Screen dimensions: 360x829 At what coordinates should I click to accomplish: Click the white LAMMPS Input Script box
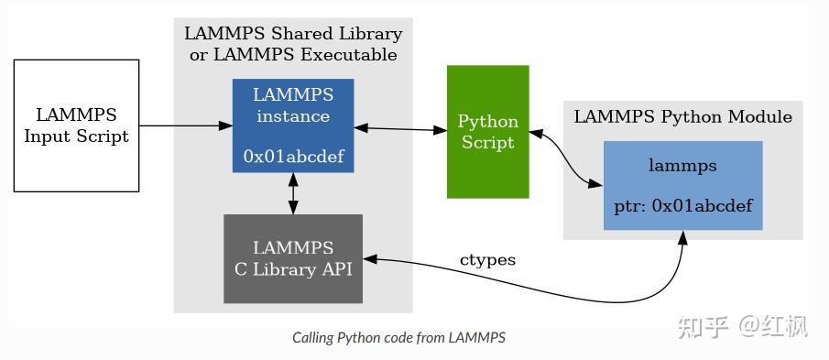coord(76,125)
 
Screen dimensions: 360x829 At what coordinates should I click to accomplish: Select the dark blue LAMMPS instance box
coord(292,125)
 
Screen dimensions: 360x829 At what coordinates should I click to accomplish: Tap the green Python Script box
coord(487,131)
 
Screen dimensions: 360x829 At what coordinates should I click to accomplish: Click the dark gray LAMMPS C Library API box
coord(293,258)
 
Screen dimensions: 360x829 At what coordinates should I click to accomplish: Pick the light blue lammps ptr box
coord(682,185)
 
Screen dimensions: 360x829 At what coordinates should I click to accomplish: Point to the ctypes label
coord(487,259)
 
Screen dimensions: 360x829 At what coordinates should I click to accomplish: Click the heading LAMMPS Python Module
coord(682,117)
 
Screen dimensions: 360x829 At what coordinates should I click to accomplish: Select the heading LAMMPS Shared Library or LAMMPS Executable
coord(293,44)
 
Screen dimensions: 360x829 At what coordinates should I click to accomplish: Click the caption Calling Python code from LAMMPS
coord(398,337)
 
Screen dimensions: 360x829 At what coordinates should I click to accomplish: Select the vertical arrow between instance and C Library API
coord(293,193)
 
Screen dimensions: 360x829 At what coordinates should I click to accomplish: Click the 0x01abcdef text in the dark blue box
coord(293,157)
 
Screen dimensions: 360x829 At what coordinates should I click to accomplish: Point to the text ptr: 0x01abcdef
coord(682,206)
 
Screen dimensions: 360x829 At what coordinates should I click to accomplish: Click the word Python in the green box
coord(487,121)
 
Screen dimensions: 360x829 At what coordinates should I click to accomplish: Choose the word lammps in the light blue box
coord(682,166)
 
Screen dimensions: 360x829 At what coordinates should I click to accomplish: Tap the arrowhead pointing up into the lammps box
coord(682,237)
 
